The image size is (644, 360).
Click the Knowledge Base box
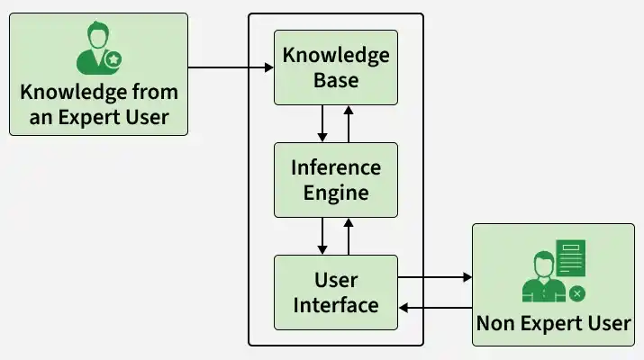(335, 67)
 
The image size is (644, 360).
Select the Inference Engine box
(335, 180)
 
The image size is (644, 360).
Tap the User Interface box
(335, 292)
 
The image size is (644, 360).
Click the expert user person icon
(94, 50)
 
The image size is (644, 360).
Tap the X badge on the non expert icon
(577, 293)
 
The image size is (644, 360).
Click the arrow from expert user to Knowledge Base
(231, 67)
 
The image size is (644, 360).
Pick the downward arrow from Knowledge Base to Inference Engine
(322, 123)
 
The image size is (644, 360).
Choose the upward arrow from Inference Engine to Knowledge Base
(349, 123)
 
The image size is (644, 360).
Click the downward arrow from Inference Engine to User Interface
(322, 236)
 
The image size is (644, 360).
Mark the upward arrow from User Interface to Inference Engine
(349, 236)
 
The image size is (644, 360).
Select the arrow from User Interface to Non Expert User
(435, 278)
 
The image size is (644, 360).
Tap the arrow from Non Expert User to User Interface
(435, 308)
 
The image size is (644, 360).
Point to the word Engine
(335, 193)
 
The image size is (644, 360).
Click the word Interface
(335, 305)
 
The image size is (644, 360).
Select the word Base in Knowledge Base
(335, 80)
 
